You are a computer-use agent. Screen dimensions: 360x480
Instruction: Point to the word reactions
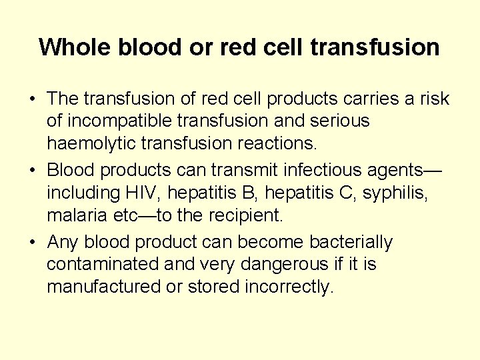[283, 143]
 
